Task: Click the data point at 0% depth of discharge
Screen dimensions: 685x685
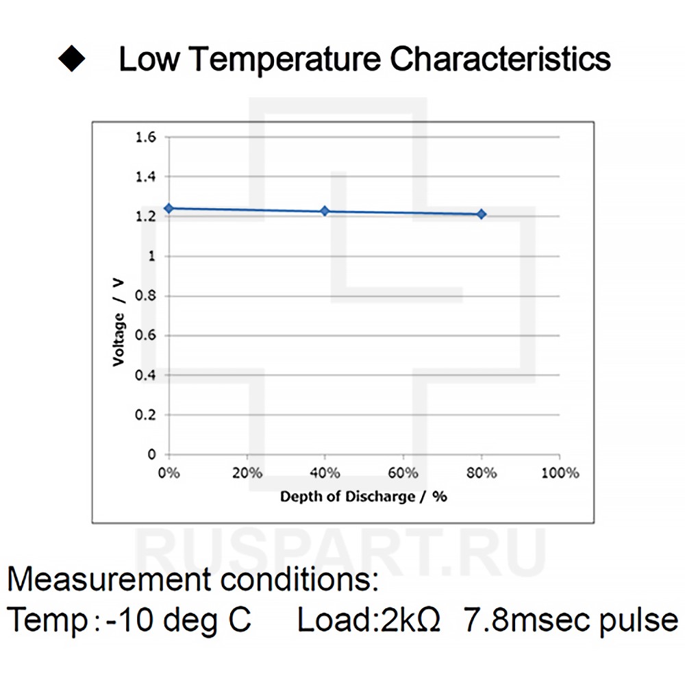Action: [168, 208]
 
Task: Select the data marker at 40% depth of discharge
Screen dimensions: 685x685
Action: [325, 211]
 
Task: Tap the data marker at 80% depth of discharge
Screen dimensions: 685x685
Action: [482, 214]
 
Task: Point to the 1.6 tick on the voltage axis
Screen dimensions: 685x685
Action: [147, 138]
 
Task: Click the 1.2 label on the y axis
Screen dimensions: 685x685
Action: [147, 216]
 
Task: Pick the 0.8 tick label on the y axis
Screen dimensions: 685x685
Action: [147, 296]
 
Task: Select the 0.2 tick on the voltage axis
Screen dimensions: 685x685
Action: [147, 415]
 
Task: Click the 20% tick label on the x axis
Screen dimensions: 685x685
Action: [247, 473]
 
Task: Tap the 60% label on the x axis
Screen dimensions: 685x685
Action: [403, 473]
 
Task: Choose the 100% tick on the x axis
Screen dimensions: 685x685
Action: [560, 473]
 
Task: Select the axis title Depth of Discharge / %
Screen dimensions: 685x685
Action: [364, 496]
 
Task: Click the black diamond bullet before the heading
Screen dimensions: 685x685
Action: [71, 60]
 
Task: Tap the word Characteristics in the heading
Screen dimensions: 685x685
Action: [500, 60]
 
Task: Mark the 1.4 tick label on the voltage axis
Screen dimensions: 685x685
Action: [147, 177]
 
